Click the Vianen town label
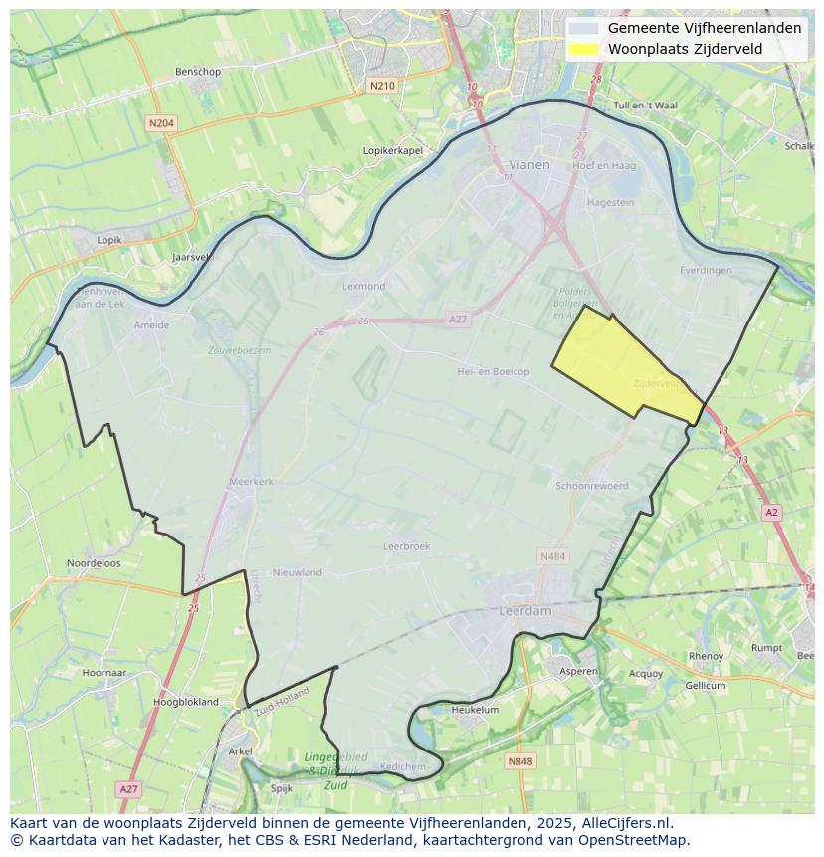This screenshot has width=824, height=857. (528, 165)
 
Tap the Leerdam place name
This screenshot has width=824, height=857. (524, 611)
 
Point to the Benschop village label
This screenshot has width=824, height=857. (197, 72)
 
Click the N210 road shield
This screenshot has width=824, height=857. (381, 86)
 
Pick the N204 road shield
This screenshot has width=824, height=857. (160, 123)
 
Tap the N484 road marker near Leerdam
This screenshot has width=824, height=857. (551, 555)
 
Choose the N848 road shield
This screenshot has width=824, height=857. (519, 761)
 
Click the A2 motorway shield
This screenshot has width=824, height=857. (771, 512)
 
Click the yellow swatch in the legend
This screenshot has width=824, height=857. (585, 48)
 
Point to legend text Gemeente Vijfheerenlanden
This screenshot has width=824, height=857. (704, 28)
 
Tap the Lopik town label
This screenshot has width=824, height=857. (109, 240)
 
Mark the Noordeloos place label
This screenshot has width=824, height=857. (94, 562)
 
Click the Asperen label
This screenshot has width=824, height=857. (578, 671)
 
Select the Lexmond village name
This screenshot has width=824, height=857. (363, 286)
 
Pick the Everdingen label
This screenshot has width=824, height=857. (706, 270)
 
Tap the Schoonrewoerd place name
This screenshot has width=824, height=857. (592, 486)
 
